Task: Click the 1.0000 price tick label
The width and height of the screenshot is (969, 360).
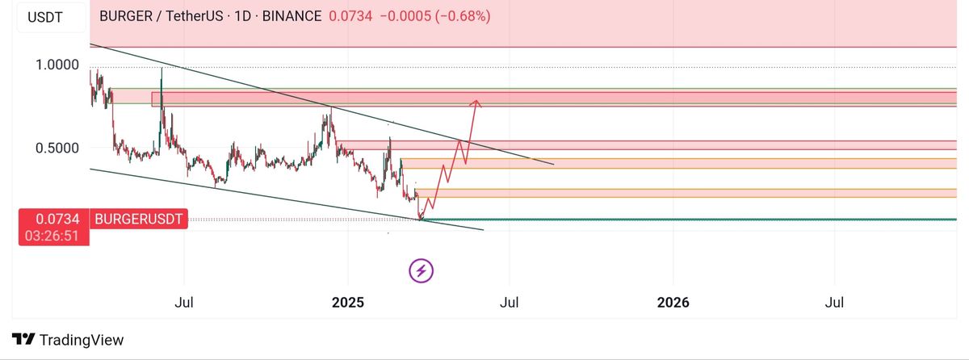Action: [x=57, y=65]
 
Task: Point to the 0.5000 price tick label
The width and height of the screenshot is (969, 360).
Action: [x=57, y=148]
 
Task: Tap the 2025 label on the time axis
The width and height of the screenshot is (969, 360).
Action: [x=349, y=303]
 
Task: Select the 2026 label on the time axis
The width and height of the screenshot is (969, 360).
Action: [x=673, y=303]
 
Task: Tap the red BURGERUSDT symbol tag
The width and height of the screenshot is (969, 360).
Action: [x=140, y=219]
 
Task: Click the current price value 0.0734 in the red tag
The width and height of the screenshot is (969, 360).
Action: [x=56, y=219]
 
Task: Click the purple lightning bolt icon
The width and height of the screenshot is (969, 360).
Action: [x=421, y=270]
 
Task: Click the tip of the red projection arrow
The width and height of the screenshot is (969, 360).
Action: [x=477, y=100]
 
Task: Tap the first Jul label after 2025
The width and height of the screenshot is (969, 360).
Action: [x=510, y=303]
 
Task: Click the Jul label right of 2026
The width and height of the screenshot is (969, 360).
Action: [x=835, y=303]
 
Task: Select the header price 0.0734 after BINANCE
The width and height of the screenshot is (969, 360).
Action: [x=350, y=15]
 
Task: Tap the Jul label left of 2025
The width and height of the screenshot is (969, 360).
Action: [x=184, y=303]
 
